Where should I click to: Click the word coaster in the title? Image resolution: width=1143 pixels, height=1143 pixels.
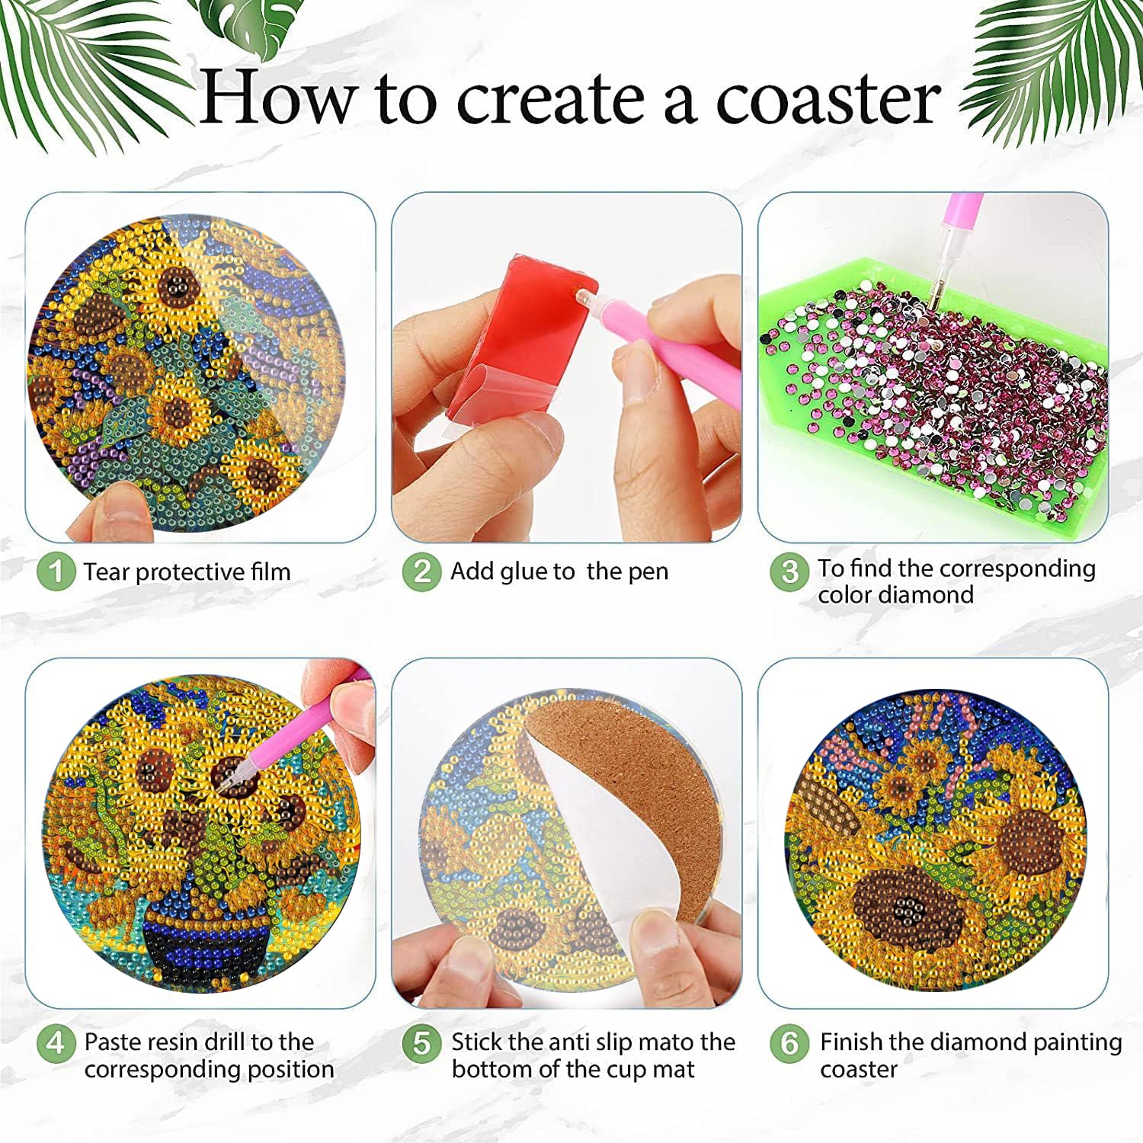(x=828, y=99)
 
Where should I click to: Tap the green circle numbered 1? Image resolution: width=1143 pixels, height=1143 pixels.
(x=56, y=571)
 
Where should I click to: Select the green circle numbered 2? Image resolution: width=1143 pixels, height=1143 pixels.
(x=422, y=571)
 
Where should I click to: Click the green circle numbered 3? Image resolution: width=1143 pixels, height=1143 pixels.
(x=789, y=571)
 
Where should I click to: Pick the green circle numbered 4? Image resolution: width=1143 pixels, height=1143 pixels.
(x=56, y=1042)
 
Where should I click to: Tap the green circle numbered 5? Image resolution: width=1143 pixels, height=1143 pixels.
(x=422, y=1042)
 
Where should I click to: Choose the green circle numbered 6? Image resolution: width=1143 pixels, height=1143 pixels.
(x=789, y=1042)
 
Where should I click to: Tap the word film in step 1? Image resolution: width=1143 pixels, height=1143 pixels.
(x=271, y=571)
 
